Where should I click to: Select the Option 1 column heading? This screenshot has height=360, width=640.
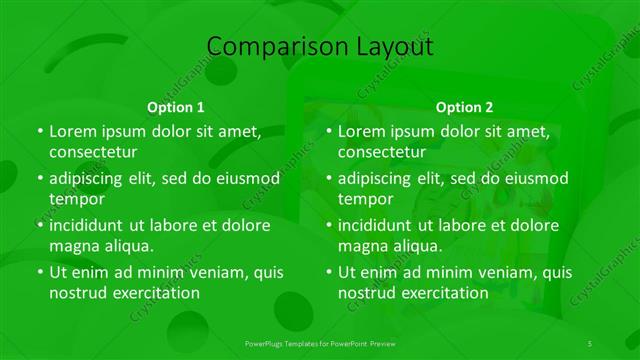tap(176, 107)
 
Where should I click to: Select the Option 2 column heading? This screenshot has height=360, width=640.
tap(464, 107)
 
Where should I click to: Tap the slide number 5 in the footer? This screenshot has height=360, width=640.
tap(590, 343)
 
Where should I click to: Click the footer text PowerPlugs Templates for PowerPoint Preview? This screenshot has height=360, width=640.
tap(319, 343)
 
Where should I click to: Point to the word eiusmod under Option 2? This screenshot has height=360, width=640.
tap(536, 178)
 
